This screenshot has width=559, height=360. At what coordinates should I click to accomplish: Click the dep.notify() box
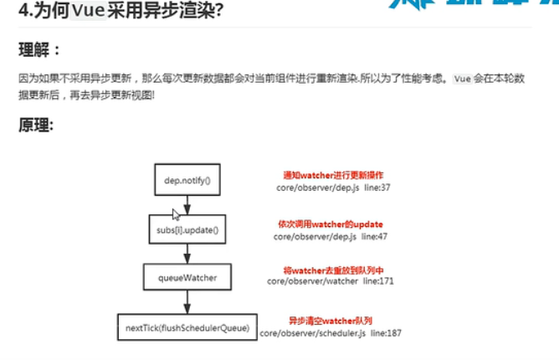(x=187, y=179)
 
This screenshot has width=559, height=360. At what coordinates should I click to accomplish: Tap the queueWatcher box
(x=187, y=277)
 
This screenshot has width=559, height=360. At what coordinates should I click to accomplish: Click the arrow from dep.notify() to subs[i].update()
(x=187, y=203)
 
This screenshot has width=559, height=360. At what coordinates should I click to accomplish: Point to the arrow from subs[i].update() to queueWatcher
(x=187, y=253)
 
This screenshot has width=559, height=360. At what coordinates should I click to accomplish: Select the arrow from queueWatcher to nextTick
(x=187, y=302)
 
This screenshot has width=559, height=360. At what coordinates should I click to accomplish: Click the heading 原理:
(x=36, y=126)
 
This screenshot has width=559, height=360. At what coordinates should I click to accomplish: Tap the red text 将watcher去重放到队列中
(x=330, y=271)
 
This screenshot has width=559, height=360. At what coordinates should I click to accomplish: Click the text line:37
(x=375, y=188)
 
